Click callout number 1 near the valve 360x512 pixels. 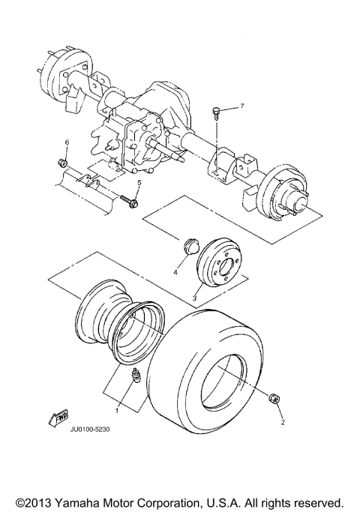coord(116,410)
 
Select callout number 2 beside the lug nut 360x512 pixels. coord(283,423)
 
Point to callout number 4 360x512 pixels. coord(175,273)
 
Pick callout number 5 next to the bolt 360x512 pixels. coord(139,183)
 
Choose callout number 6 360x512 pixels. coord(66,142)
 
